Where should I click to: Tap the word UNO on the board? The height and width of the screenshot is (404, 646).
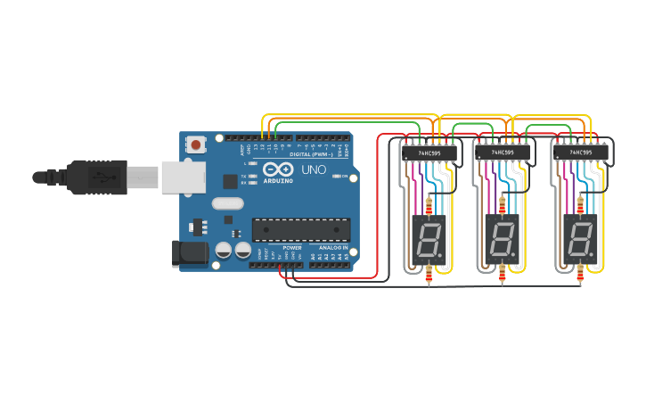(x=313, y=169)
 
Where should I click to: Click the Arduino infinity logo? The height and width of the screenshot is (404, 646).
(x=277, y=169)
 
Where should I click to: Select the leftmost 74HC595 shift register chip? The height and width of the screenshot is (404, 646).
(x=429, y=153)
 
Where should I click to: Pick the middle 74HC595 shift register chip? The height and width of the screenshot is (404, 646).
(x=504, y=153)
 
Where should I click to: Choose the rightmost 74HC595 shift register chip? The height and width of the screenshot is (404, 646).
(x=581, y=153)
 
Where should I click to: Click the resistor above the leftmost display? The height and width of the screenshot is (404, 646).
(x=431, y=207)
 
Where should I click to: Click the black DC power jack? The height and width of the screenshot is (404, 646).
(x=189, y=253)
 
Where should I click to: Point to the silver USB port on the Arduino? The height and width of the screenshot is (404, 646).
(x=183, y=177)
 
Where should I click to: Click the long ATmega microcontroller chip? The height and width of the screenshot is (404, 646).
(x=300, y=229)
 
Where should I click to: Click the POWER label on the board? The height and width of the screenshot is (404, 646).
(x=292, y=247)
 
